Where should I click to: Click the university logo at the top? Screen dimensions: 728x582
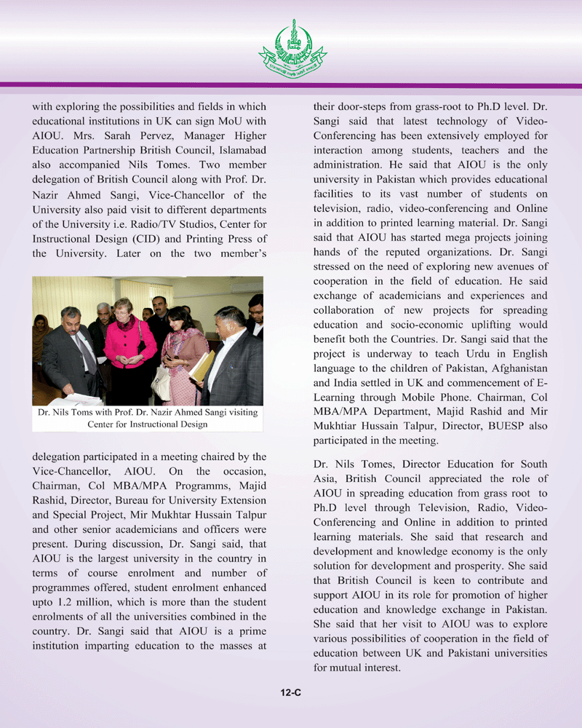292,50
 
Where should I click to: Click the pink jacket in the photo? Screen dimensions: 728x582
129,343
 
